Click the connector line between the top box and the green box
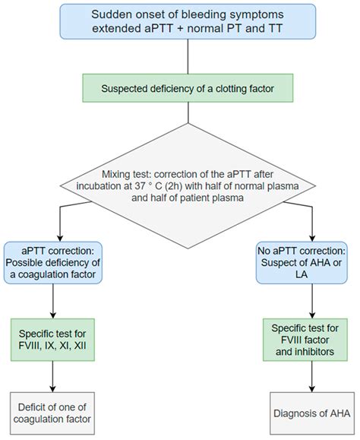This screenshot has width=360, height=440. [x=179, y=57]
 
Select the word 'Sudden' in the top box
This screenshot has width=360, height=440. [x=112, y=14]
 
